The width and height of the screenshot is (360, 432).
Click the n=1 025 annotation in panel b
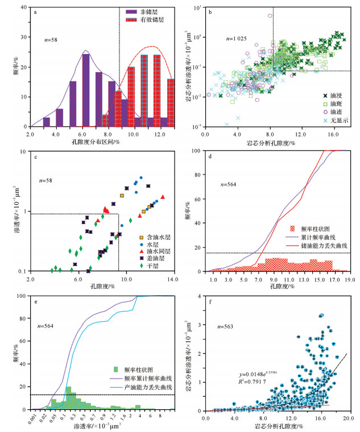point(235,39)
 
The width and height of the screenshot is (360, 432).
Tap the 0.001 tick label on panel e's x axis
point(34,419)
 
